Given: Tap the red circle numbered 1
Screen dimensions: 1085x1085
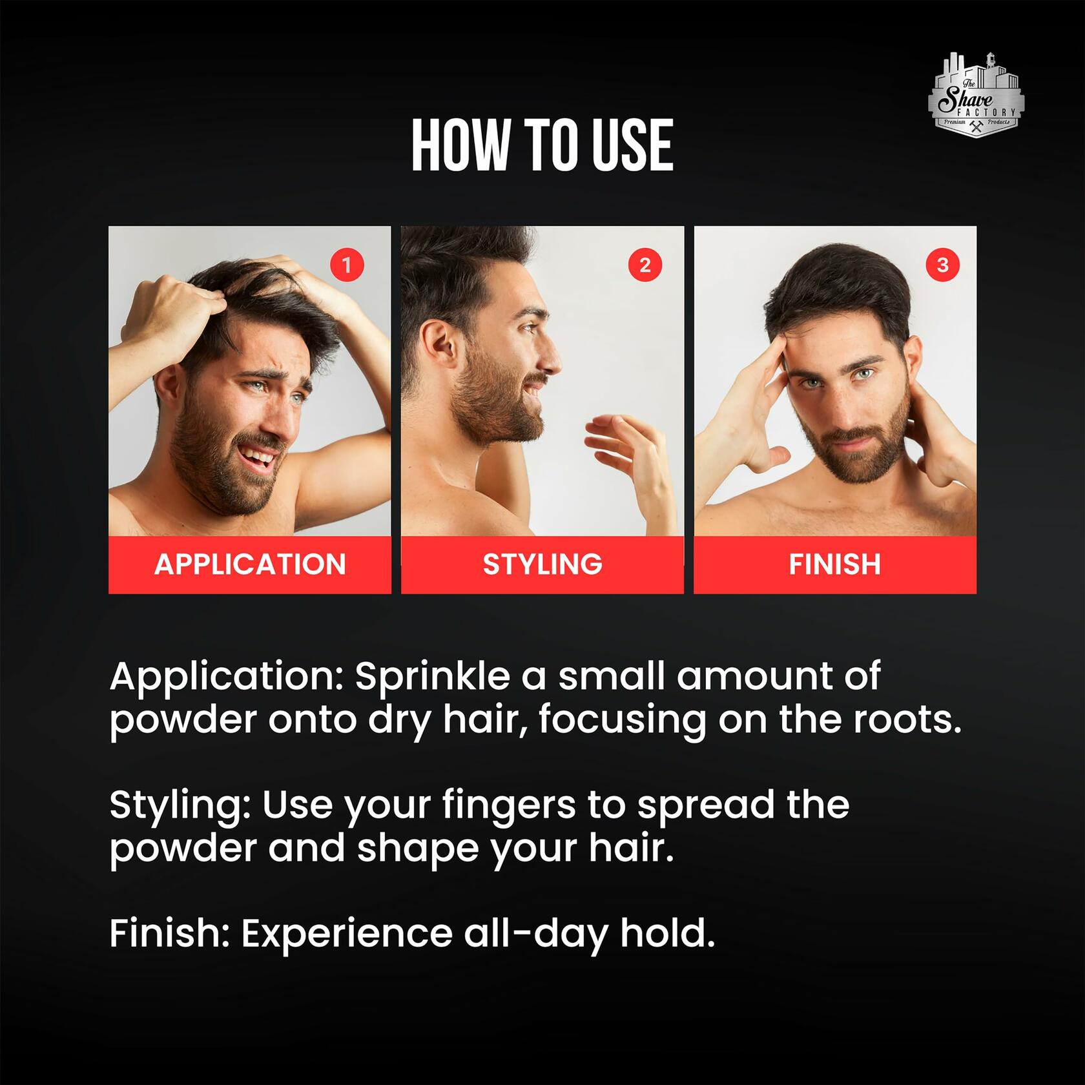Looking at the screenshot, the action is pos(347,265).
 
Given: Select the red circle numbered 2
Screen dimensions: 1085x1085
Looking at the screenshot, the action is pos(645,265).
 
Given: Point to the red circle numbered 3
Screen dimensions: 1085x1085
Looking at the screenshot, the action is pos(942,265).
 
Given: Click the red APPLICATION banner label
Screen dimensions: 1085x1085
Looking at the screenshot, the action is pos(250,564).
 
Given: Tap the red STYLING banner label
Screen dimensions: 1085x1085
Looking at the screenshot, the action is pos(542,564).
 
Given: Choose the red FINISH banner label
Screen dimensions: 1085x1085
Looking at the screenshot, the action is pos(835,564).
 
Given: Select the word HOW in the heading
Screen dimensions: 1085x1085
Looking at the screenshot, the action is pos(460,145).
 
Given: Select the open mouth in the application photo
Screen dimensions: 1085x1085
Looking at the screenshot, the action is pos(259,456).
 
